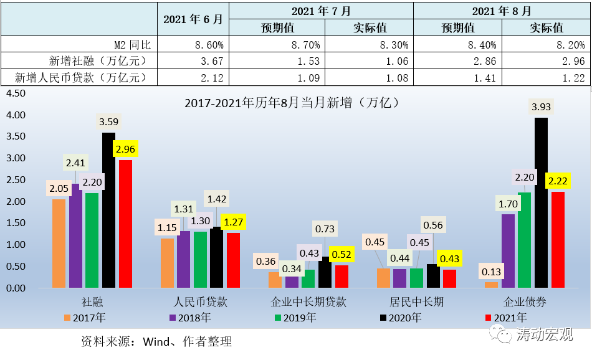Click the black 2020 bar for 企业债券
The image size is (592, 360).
541,202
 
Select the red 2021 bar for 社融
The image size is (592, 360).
125,224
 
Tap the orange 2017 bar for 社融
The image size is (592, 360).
59,244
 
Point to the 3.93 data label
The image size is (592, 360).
540,107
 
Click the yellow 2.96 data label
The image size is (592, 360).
125,149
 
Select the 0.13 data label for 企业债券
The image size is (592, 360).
491,272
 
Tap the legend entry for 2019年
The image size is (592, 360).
295,318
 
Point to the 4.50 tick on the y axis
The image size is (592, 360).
15,93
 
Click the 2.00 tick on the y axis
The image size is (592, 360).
15,202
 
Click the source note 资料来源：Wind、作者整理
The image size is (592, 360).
156,342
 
